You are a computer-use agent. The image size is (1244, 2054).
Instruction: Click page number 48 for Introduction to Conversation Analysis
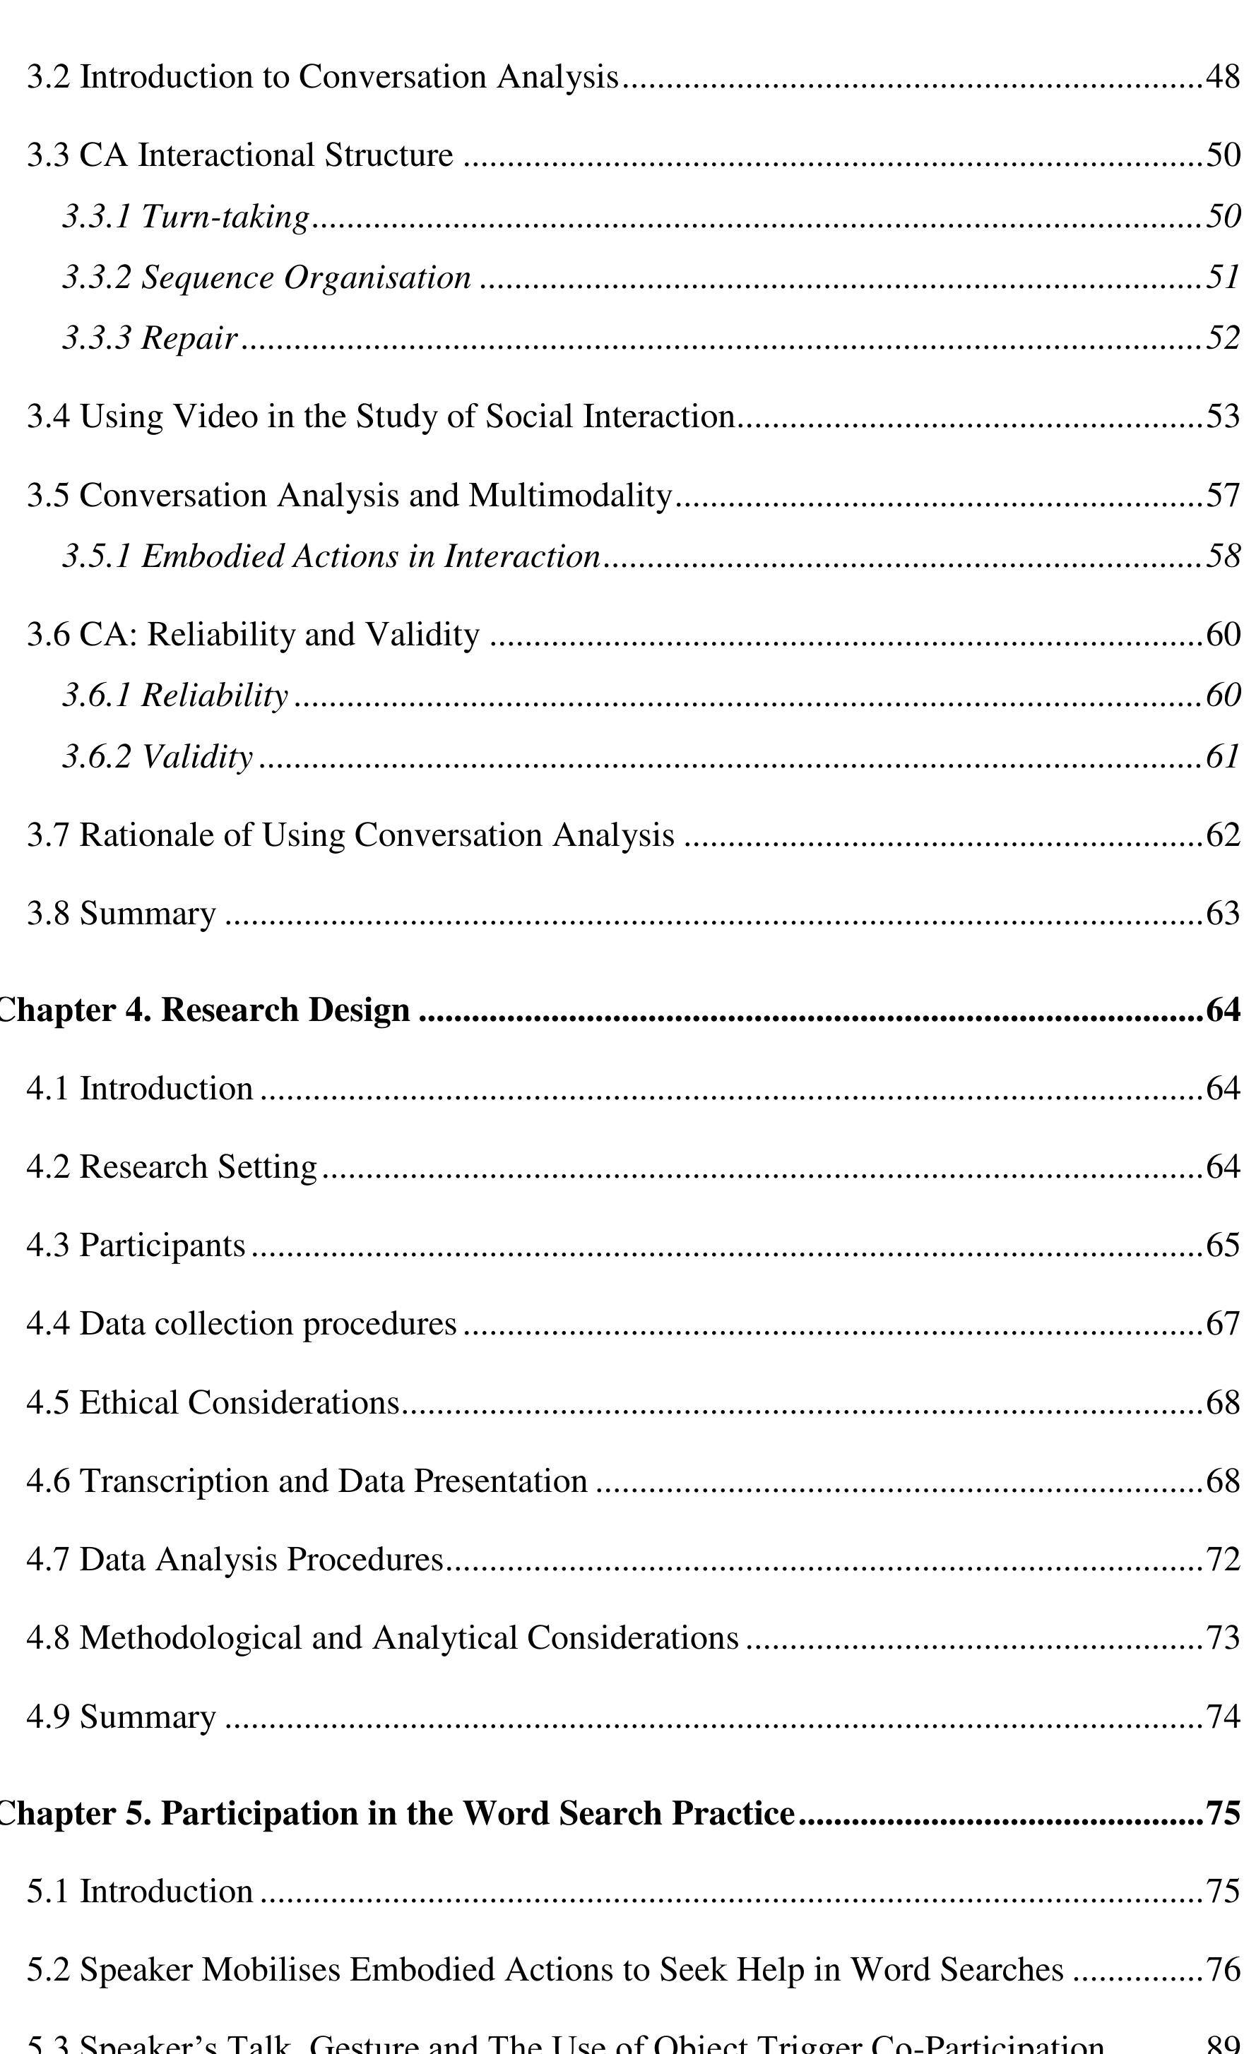tap(1223, 78)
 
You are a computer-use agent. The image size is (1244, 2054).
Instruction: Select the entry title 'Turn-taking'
tap(225, 217)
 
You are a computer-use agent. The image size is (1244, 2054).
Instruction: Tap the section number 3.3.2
tap(97, 277)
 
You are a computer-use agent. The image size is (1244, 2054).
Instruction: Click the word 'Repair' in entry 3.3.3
tap(189, 338)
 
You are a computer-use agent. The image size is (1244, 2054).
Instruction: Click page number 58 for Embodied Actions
tap(1223, 556)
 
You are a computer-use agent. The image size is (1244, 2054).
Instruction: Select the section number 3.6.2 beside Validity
tap(97, 757)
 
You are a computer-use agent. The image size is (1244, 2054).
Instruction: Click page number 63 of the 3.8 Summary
tap(1223, 914)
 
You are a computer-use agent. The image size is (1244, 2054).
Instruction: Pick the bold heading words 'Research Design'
tap(285, 1010)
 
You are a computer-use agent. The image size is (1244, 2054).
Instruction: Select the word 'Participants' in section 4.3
tap(162, 1246)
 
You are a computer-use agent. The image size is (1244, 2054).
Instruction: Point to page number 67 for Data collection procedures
tap(1223, 1325)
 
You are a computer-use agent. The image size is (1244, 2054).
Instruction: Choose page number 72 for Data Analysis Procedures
tap(1223, 1560)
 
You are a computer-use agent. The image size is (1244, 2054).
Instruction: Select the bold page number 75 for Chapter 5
tap(1223, 1814)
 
